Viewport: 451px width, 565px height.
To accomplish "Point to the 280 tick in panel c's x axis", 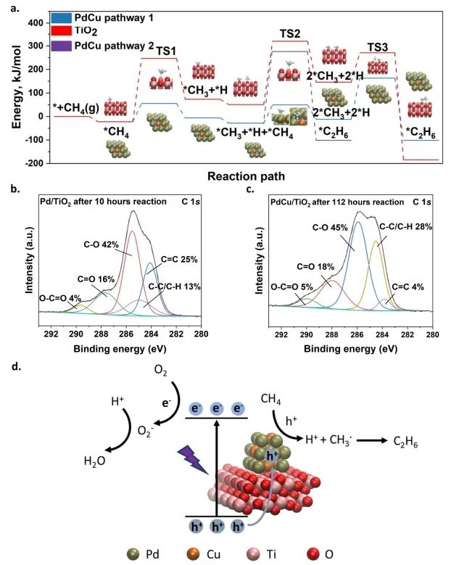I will (432, 334).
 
